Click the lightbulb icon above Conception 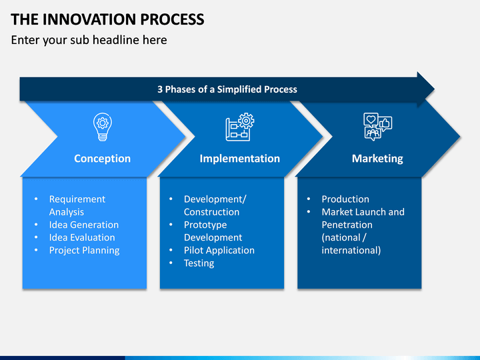pyautogui.click(x=103, y=127)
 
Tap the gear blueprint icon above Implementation pyautogui.click(x=240, y=127)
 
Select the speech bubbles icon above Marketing pyautogui.click(x=378, y=127)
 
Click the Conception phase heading pyautogui.click(x=102, y=159)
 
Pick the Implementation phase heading pyautogui.click(x=240, y=159)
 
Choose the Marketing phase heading pyautogui.click(x=377, y=159)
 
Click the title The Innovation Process pyautogui.click(x=107, y=19)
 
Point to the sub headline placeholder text pyautogui.click(x=89, y=40)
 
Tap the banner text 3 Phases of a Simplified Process pyautogui.click(x=227, y=89)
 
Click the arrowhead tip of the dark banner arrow pyautogui.click(x=434, y=89)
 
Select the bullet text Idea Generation pyautogui.click(x=84, y=225)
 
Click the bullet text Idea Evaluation pyautogui.click(x=82, y=237)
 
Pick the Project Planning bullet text pyautogui.click(x=85, y=251)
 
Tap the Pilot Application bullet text pyautogui.click(x=219, y=251)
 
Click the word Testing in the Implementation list pyautogui.click(x=199, y=263)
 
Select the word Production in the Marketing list pyautogui.click(x=345, y=199)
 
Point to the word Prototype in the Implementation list pyautogui.click(x=205, y=225)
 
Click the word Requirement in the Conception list pyautogui.click(x=77, y=199)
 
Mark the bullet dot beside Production pyautogui.click(x=309, y=199)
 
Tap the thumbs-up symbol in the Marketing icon pyautogui.click(x=385, y=123)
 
